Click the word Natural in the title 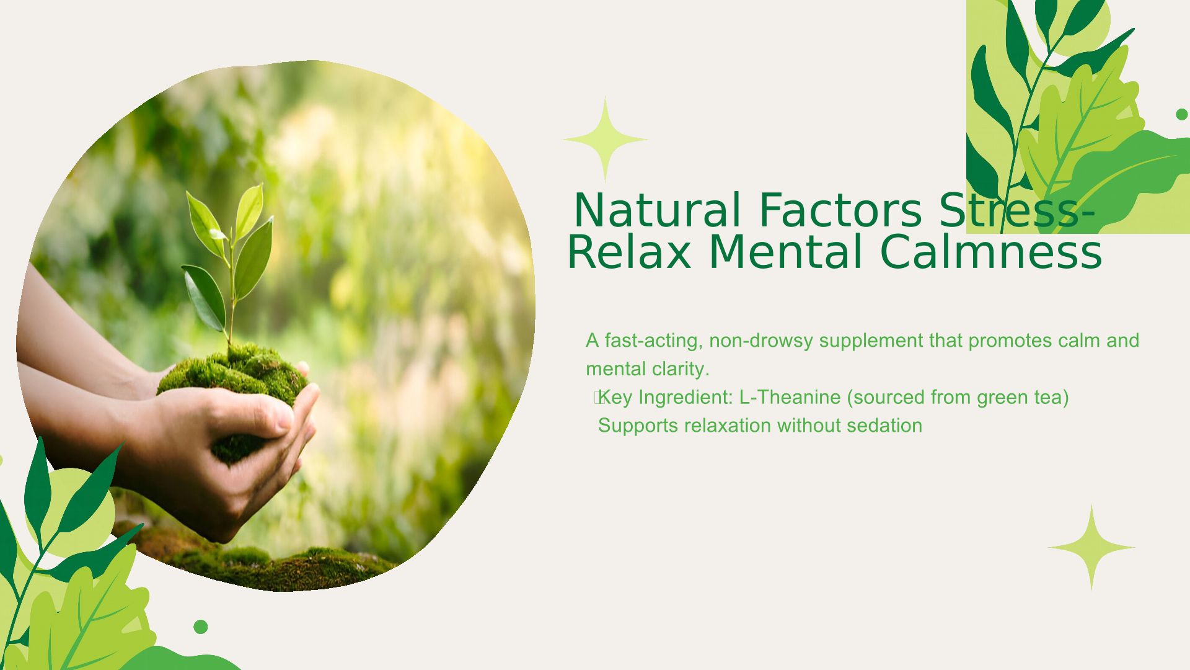[657, 210]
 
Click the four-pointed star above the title [605, 140]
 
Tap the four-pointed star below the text [1091, 547]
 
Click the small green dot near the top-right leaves [1182, 114]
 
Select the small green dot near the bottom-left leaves [200, 627]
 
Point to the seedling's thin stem [232, 292]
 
